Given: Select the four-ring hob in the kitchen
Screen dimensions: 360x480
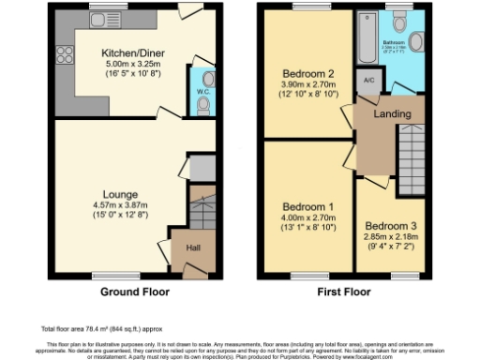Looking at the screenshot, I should pyautogui.click(x=66, y=52).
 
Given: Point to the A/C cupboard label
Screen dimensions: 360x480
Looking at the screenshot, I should pyautogui.click(x=367, y=81).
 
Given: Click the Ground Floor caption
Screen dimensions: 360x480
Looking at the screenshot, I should pyautogui.click(x=135, y=292).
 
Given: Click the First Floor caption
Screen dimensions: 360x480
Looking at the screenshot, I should pyautogui.click(x=344, y=292).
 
